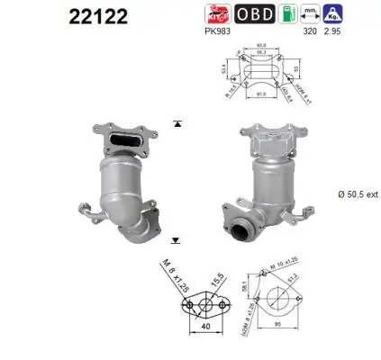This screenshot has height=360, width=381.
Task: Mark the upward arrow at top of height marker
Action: [x=177, y=122]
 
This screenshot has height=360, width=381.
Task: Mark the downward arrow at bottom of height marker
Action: [x=177, y=241]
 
